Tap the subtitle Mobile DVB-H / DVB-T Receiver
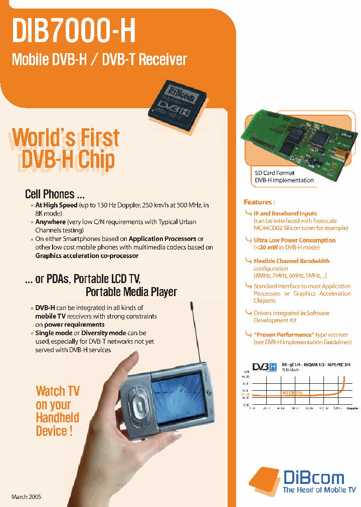tap(99, 60)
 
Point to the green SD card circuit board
tap(296, 140)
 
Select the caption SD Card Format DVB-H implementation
tap(284, 176)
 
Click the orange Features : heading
tap(259, 202)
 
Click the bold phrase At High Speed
tap(56, 205)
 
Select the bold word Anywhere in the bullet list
tap(50, 221)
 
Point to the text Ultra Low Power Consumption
tap(294, 240)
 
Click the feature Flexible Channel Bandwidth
tap(291, 261)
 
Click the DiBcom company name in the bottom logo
tap(313, 477)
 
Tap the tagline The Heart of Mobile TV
tap(319, 489)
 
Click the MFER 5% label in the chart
tap(292, 393)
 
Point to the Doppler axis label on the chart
tap(352, 408)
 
